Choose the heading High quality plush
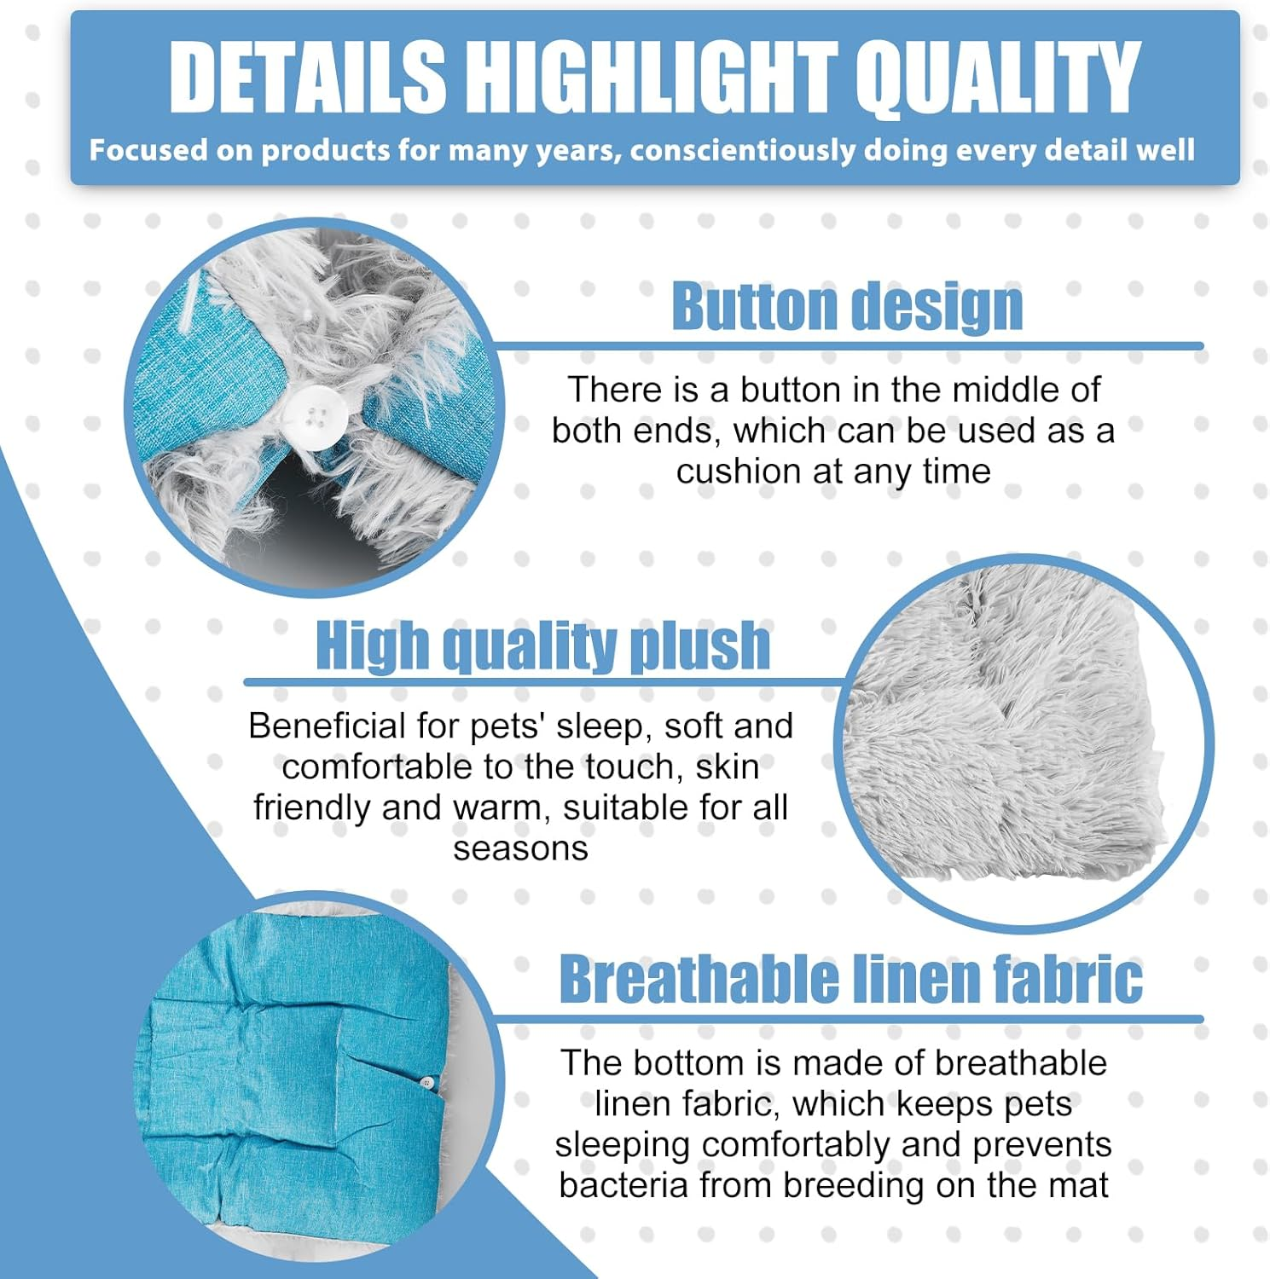542,645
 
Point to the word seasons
520,849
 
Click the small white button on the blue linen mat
426,1083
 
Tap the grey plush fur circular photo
1023,742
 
